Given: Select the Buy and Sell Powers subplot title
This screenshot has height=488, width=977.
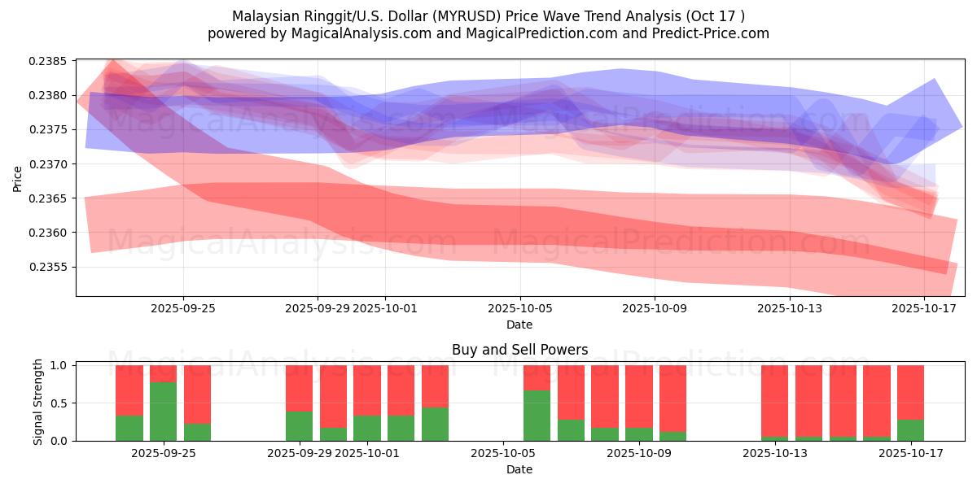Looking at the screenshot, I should (x=519, y=351).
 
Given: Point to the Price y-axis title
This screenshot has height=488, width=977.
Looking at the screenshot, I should (x=18, y=177).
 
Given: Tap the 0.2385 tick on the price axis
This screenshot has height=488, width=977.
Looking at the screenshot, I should (x=50, y=62).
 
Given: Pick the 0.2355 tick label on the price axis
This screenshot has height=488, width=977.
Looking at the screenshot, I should (x=50, y=267).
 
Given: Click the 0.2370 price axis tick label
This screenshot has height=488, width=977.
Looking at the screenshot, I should (x=50, y=164).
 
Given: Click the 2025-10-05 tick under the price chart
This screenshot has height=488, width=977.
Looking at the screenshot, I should (x=519, y=309).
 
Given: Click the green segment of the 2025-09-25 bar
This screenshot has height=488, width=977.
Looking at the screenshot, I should (x=197, y=432).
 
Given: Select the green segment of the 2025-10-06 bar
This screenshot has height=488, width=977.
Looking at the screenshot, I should (x=537, y=416).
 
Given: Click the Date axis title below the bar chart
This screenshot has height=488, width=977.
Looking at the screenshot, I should (x=519, y=469).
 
